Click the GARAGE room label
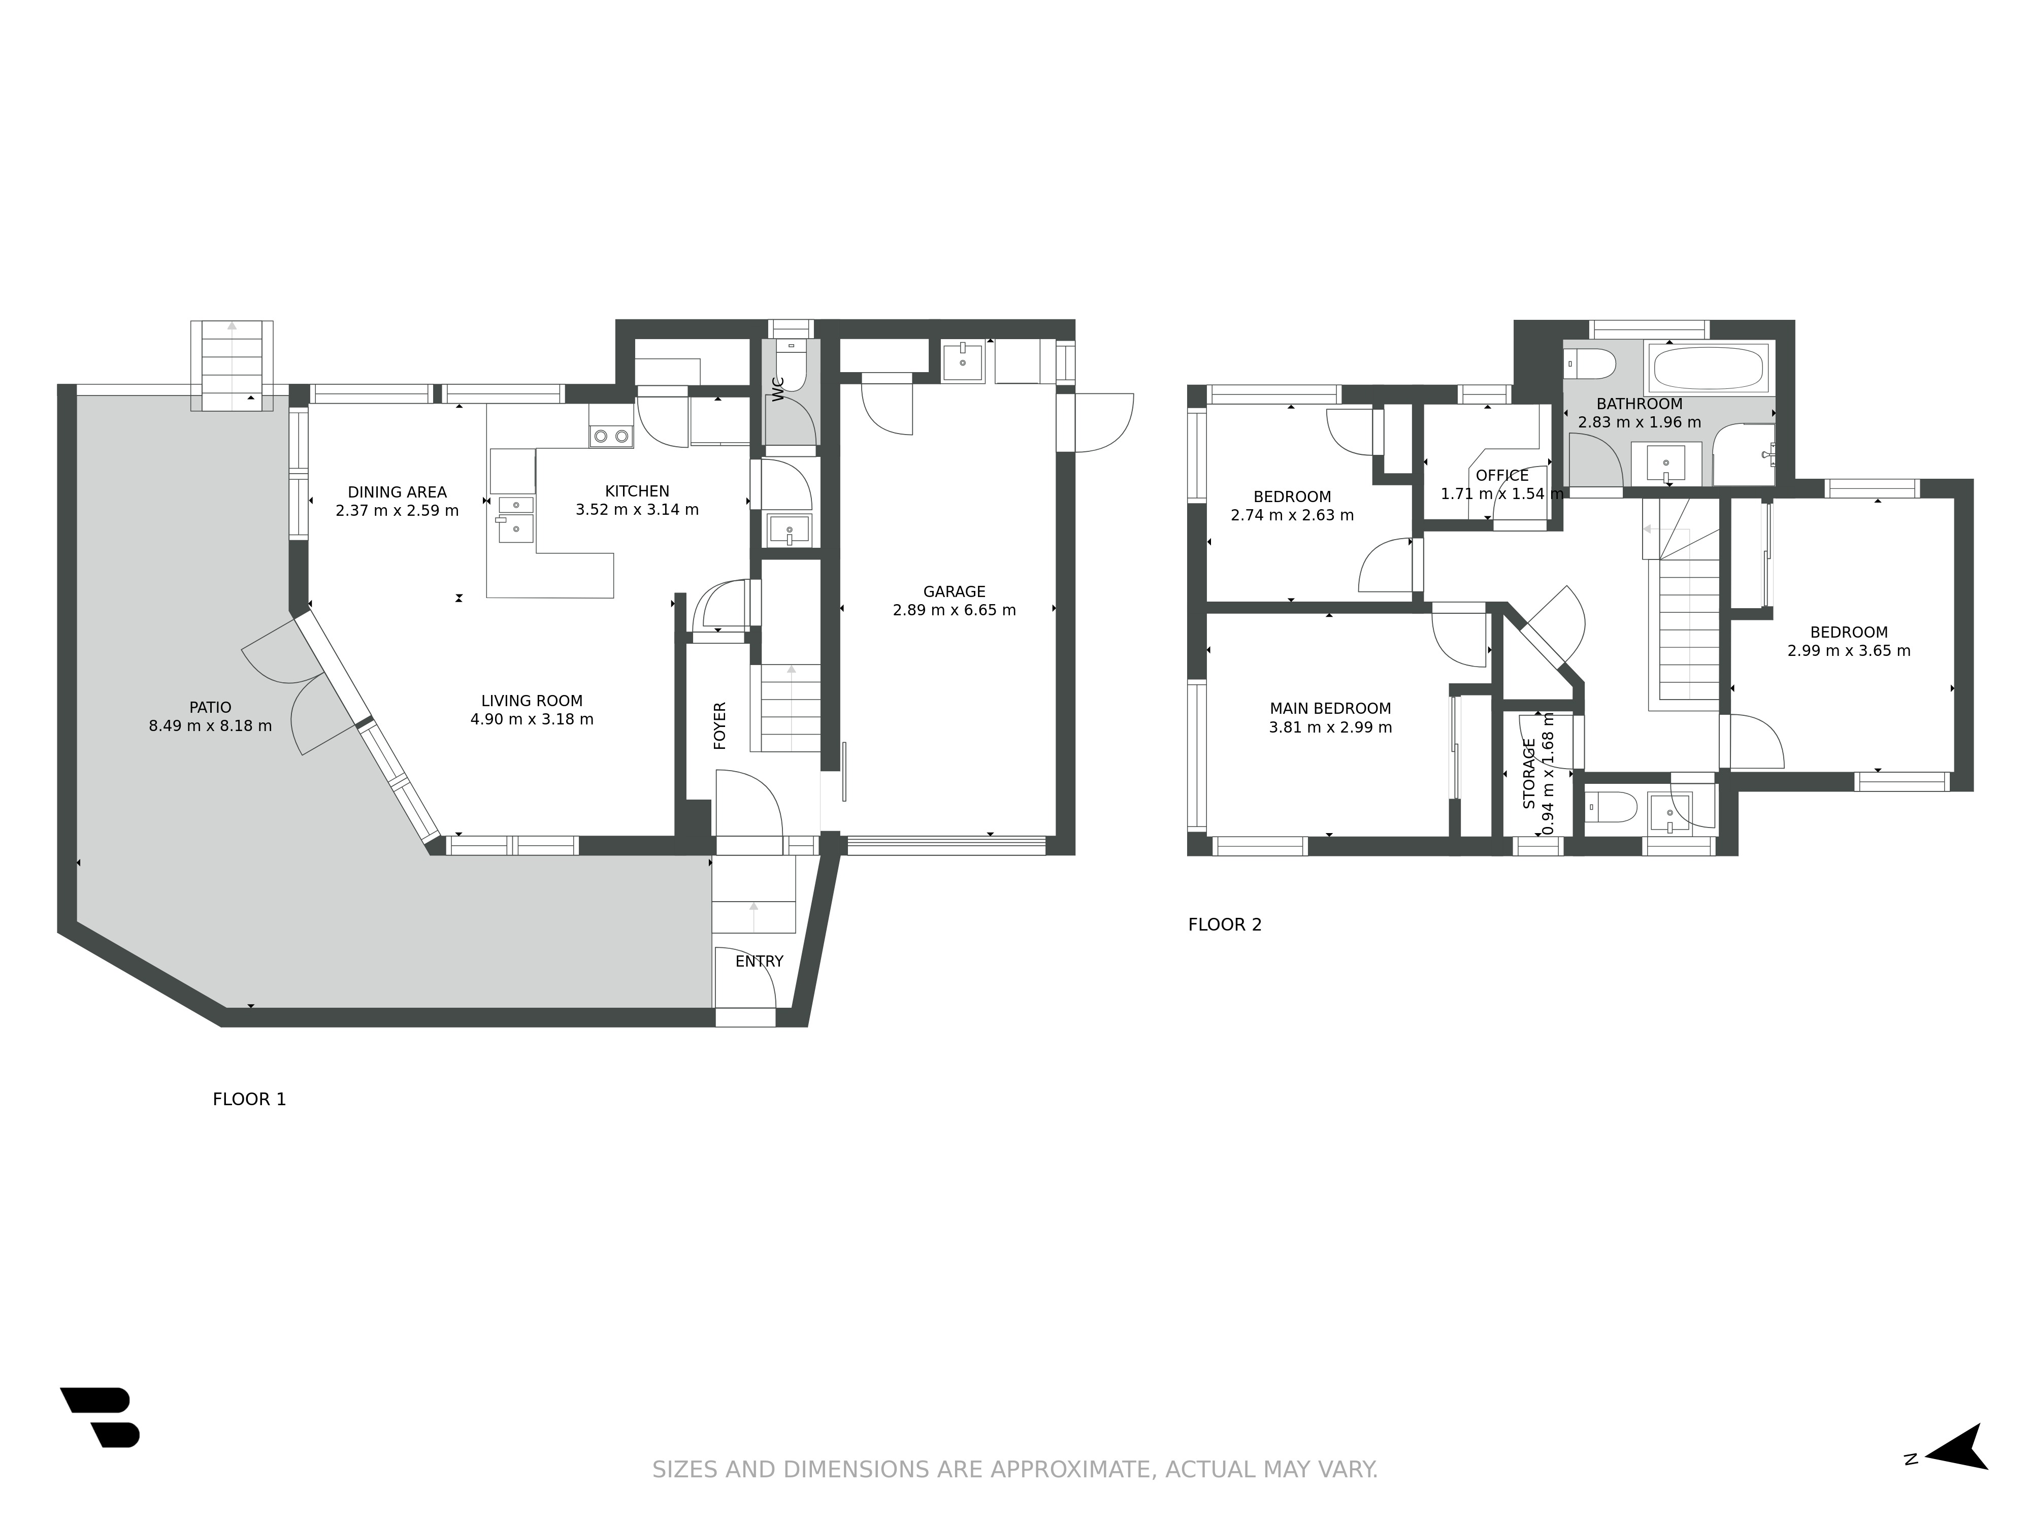tap(954, 592)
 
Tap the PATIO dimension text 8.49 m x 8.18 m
tap(210, 726)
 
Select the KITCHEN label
tap(637, 491)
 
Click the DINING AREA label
tap(397, 492)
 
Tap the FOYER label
tap(720, 725)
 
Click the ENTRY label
tap(759, 961)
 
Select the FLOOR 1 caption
tap(250, 1099)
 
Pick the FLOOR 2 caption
tap(1225, 924)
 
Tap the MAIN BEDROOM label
tap(1330, 709)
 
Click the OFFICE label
tap(1502, 476)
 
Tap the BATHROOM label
tap(1639, 404)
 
